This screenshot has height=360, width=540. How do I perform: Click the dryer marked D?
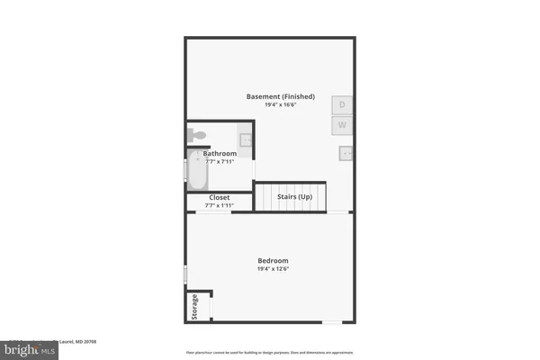[x=342, y=105]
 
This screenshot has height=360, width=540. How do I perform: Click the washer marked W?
[x=342, y=125]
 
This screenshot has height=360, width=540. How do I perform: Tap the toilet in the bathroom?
[x=198, y=135]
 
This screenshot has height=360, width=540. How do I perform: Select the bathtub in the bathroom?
[x=197, y=171]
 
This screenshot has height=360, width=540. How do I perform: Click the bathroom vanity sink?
[x=246, y=139]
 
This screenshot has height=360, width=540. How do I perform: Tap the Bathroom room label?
[x=220, y=154]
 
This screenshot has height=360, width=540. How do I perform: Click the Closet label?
[x=220, y=197]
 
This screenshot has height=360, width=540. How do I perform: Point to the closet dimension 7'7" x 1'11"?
[x=220, y=206]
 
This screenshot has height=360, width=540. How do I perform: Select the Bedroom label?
[x=272, y=260]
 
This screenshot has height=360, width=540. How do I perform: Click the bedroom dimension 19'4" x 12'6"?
[x=272, y=269]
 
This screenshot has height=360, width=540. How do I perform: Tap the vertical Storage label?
[x=194, y=308]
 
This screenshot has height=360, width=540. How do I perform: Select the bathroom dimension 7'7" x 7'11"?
[x=220, y=162]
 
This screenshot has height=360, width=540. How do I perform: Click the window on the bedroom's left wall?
[x=186, y=273]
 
